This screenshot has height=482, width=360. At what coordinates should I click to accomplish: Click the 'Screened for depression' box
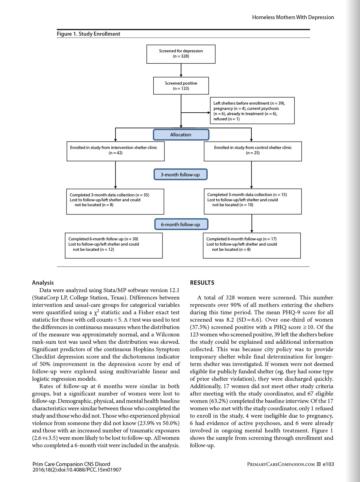[181, 54]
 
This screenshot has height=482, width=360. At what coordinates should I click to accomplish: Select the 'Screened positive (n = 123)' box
[181, 86]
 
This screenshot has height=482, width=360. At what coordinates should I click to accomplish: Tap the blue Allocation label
[181, 135]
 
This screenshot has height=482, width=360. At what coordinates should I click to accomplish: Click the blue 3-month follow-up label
[180, 175]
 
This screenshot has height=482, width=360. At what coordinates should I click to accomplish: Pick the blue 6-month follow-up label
[181, 224]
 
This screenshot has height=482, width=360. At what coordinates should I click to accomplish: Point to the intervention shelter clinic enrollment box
[115, 151]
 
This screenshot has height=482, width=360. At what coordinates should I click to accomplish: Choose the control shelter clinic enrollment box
[253, 151]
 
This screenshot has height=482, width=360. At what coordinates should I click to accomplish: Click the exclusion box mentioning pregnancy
[252, 111]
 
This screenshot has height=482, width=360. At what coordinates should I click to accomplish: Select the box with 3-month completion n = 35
[115, 201]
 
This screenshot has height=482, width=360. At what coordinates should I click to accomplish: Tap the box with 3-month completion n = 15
[253, 201]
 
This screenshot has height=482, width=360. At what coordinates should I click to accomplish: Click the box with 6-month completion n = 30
[114, 245]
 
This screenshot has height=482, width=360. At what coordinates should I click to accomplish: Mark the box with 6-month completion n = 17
[252, 245]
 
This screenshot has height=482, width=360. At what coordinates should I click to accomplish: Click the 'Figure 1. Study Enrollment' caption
[89, 34]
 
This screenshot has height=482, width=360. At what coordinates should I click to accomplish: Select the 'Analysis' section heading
[43, 283]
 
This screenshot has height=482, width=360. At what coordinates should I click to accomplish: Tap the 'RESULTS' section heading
[202, 283]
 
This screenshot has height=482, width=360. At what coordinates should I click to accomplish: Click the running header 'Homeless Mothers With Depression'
[293, 17]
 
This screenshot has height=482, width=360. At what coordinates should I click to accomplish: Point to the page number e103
[328, 464]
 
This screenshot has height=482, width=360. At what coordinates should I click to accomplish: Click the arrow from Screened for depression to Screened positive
[181, 70]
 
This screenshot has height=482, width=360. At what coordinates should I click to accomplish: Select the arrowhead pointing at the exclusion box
[209, 113]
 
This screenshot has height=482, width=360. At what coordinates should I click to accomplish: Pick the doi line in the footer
[77, 470]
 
